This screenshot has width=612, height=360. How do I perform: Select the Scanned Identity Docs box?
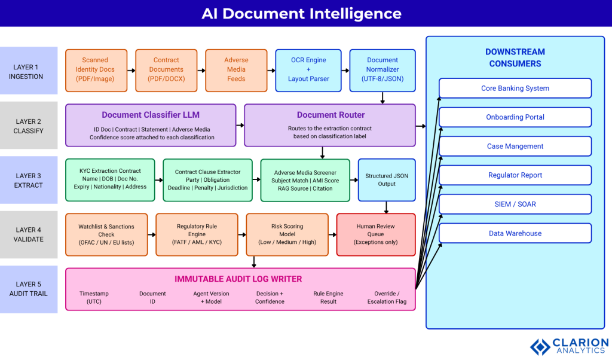pos(96,70)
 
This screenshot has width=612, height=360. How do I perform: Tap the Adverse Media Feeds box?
pos(236,70)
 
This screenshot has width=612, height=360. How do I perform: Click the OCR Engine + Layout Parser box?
pos(308,70)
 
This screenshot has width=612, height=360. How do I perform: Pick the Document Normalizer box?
pos(382,70)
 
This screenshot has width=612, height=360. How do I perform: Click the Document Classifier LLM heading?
pos(151,115)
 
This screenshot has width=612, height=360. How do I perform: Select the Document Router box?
pos(330,125)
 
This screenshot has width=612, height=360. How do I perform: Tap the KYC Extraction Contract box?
pos(109,179)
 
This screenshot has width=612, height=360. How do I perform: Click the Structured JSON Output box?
pos(387,179)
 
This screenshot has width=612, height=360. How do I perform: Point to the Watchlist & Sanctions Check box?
pos(106,235)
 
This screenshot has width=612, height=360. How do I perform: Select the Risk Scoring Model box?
pos(287,235)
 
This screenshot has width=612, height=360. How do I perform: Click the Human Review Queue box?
pos(375,235)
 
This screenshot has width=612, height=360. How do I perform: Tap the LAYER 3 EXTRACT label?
pos(29,180)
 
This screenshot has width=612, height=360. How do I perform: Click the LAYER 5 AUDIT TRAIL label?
pos(29,289)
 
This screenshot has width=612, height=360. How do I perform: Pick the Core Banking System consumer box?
pos(515,89)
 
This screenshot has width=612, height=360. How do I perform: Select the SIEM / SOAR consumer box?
pos(515,205)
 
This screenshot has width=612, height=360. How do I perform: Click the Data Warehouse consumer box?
pos(515,233)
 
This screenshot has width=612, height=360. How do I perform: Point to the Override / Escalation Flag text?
pos(387,298)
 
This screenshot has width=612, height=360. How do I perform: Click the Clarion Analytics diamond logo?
pos(540,347)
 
